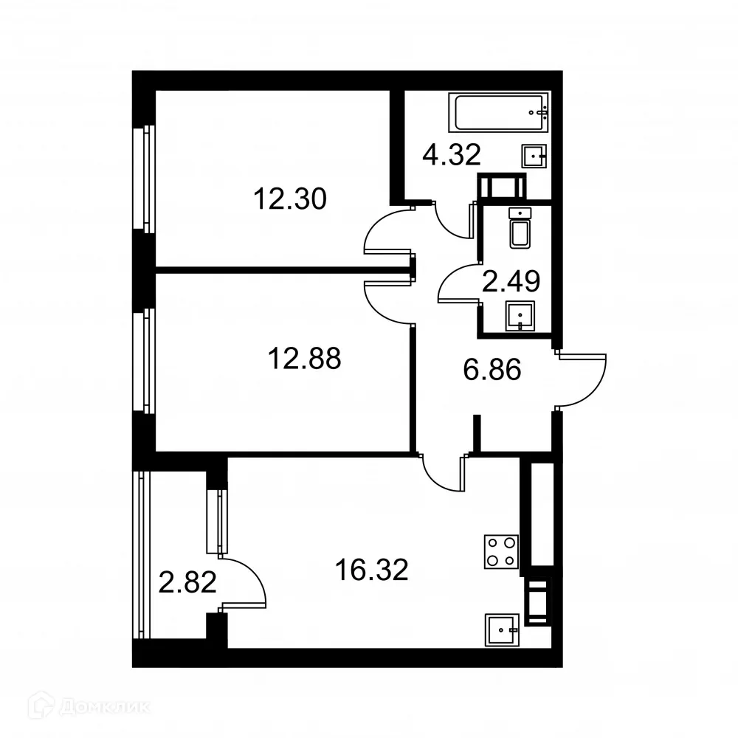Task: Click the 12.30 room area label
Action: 289,199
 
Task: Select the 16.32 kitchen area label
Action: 371,570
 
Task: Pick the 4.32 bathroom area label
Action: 452,154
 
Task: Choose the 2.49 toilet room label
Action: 511,280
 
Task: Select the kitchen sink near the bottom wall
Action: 503,630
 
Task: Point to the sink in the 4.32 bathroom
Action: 535,156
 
